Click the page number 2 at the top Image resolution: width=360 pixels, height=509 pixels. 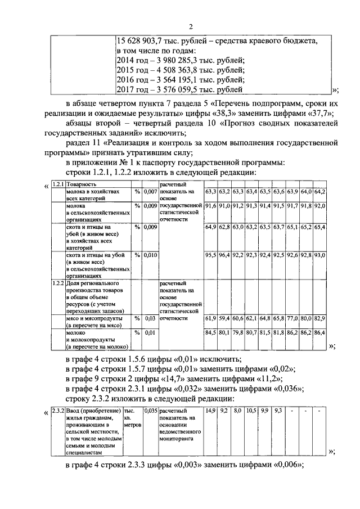191,26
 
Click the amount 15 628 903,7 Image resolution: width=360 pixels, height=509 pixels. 138,41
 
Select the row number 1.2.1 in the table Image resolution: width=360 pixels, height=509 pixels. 57,184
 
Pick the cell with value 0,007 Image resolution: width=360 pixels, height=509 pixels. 149,192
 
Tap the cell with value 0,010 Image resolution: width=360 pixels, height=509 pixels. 149,255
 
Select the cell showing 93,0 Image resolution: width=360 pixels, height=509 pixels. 320,255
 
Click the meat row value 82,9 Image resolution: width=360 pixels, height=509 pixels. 320,319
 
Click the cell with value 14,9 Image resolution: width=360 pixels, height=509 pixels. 210,411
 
